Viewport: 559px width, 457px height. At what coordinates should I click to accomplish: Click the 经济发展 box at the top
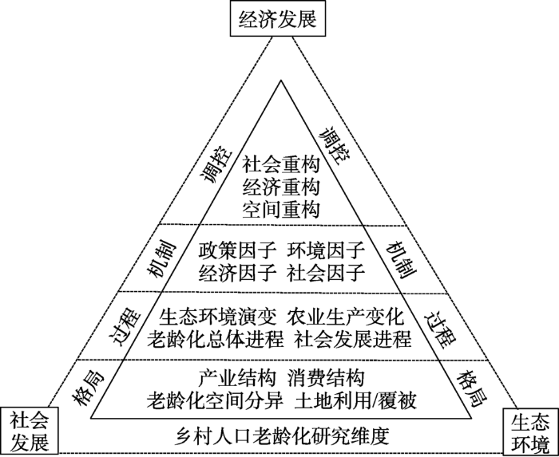(x=278, y=18)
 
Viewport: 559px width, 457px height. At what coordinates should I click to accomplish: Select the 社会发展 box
(x=30, y=431)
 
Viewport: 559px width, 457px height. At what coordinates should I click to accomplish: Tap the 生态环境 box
(x=530, y=431)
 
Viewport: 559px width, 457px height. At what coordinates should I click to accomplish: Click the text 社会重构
(x=281, y=164)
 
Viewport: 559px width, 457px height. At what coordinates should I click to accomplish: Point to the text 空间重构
(x=281, y=209)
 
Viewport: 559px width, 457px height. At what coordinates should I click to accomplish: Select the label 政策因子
(x=237, y=250)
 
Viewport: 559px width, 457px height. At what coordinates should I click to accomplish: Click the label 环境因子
(x=326, y=250)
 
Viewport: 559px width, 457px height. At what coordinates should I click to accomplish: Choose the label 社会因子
(x=326, y=272)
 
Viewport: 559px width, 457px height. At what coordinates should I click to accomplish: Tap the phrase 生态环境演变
(x=217, y=317)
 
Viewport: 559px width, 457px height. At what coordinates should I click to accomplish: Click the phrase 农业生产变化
(x=346, y=317)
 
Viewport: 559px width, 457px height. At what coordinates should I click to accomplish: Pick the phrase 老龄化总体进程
(x=216, y=339)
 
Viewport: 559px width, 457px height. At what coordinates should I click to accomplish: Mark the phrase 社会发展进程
(x=353, y=339)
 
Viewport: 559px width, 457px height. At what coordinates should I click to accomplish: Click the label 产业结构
(x=237, y=378)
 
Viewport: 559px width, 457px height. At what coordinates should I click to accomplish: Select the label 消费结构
(x=326, y=378)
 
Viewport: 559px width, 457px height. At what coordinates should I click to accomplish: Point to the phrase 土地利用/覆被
(x=355, y=400)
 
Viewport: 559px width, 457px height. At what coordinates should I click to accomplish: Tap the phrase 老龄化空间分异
(x=216, y=400)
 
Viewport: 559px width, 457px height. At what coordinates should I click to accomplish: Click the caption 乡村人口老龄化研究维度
(x=282, y=435)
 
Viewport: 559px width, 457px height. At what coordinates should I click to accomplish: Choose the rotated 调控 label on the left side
(x=216, y=164)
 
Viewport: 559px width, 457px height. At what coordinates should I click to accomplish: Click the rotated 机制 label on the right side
(x=402, y=260)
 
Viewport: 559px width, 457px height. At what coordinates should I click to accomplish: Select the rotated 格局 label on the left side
(x=88, y=388)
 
